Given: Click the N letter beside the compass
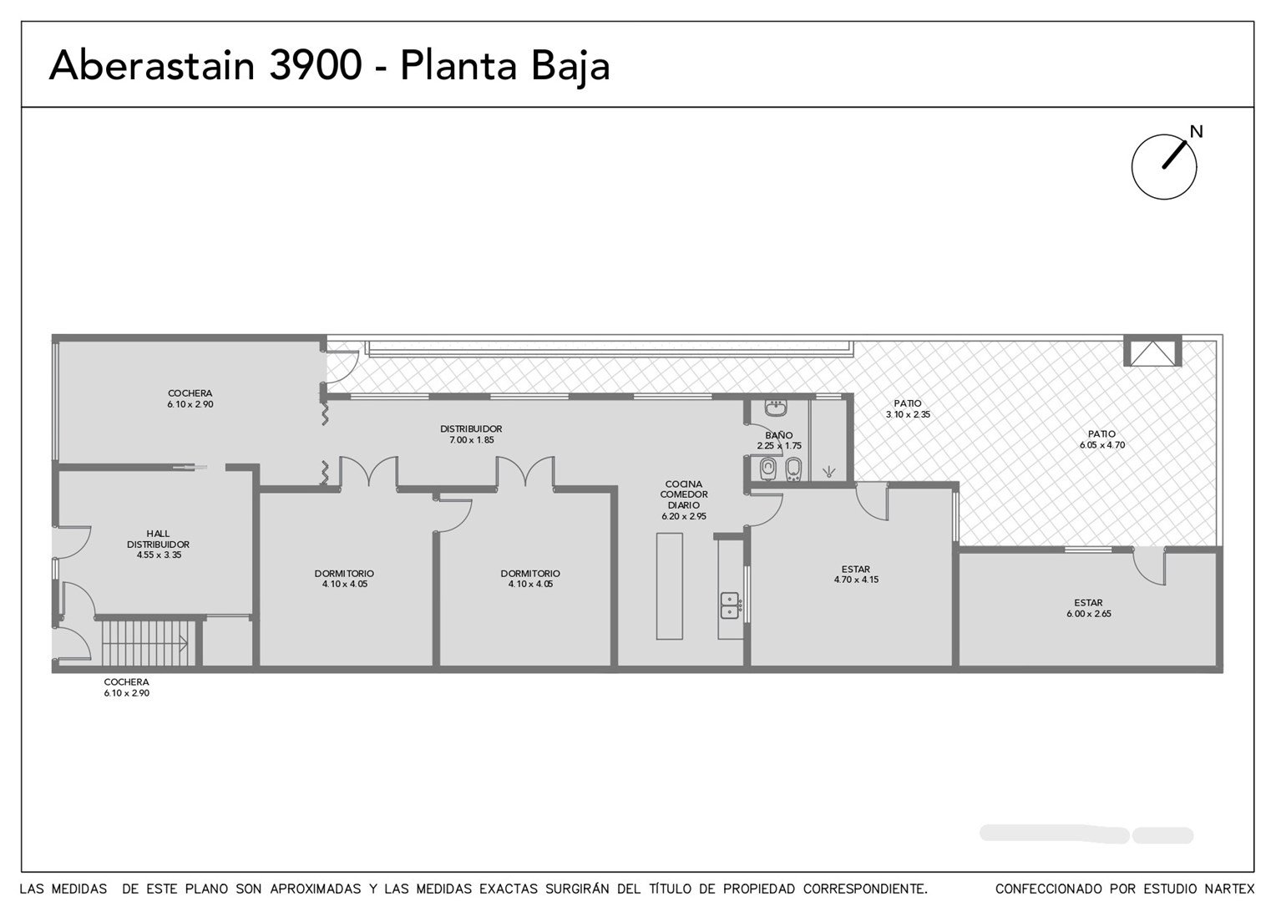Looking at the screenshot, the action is tap(1196, 132).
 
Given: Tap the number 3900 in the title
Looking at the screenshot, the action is tap(315, 65).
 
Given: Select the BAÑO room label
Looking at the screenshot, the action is tap(778, 435).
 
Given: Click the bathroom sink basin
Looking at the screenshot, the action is tap(775, 408).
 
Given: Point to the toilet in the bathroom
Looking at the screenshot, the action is tap(768, 469).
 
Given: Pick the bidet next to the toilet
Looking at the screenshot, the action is tap(793, 469).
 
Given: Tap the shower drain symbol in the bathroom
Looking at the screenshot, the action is tap(829, 471).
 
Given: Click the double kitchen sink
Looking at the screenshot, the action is tap(730, 606).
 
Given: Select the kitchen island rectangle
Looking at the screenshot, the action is tap(670, 586).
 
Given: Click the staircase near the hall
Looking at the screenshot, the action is tap(144, 643).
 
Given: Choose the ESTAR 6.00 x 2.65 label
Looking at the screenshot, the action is tap(1089, 608).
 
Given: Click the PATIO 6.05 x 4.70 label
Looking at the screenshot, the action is tap(1102, 439).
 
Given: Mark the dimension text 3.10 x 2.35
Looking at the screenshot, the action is tap(908, 414).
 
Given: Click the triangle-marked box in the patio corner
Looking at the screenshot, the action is tap(1152, 351).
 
